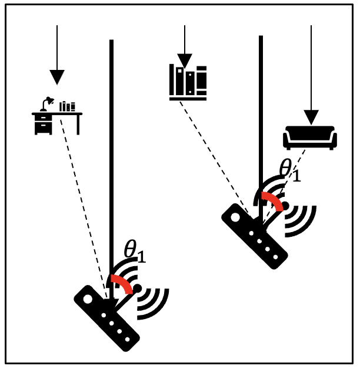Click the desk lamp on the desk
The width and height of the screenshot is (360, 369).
pyautogui.click(x=46, y=103)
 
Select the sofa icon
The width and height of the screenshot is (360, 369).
pyautogui.click(x=309, y=137)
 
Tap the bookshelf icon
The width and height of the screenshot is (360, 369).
pyautogui.click(x=188, y=83)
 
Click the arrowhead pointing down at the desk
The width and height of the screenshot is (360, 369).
pyautogui.click(x=57, y=78)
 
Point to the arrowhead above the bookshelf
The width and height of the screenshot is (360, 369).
pyautogui.click(x=185, y=61)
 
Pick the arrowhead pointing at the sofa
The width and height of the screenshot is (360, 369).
pyautogui.click(x=311, y=117)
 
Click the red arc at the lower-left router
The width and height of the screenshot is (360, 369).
pyautogui.click(x=122, y=283)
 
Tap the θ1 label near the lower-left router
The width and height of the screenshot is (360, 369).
pyautogui.click(x=135, y=251)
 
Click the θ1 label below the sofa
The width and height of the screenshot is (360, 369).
pyautogui.click(x=289, y=170)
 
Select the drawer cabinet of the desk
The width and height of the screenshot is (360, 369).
pyautogui.click(x=43, y=125)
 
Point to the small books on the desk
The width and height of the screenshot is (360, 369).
pyautogui.click(x=67, y=106)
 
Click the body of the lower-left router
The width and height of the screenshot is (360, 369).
pyautogui.click(x=106, y=318)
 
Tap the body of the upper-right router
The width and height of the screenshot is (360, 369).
pyautogui.click(x=254, y=236)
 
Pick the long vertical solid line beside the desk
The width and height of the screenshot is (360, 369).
pyautogui.click(x=111, y=147)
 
